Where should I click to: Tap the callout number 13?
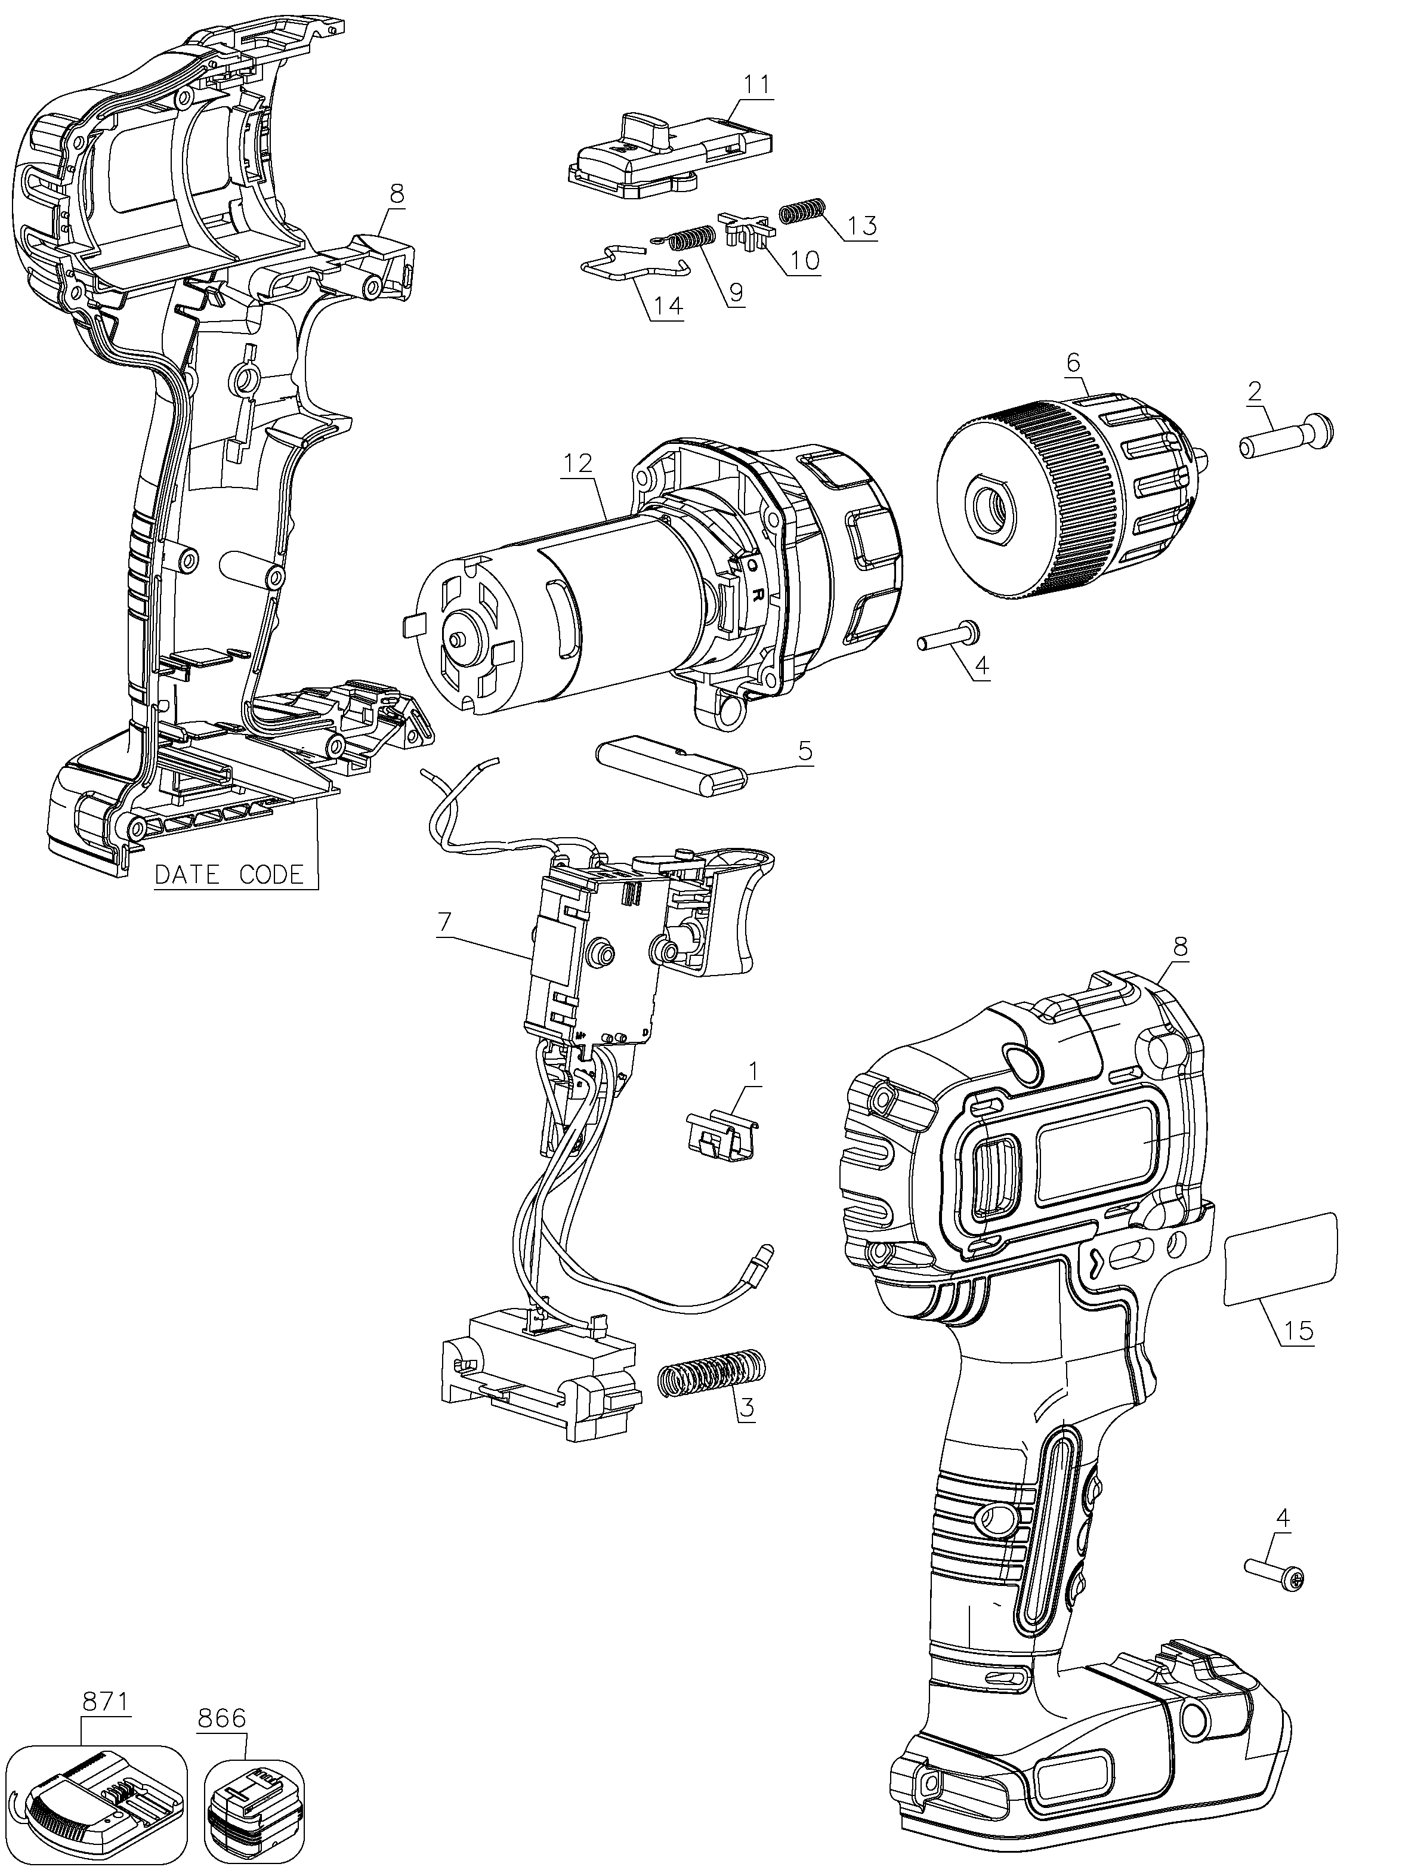tap(861, 227)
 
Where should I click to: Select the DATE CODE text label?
tap(229, 874)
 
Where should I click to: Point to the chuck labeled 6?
tap(1074, 497)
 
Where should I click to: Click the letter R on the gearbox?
tap(757, 593)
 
